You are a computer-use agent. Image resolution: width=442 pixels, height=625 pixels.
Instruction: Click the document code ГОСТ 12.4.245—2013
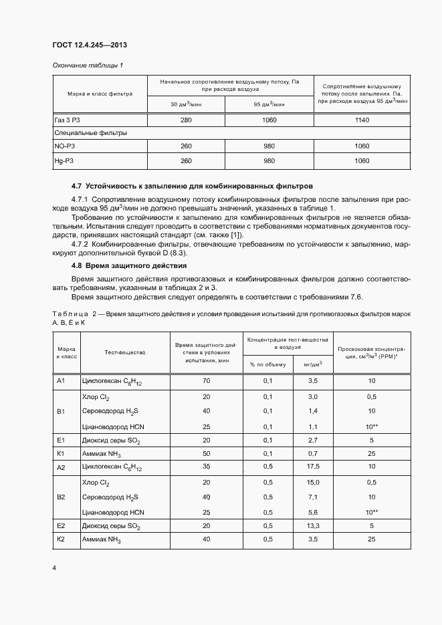point(90,45)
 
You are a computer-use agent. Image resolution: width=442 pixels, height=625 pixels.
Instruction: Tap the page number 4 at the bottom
point(54,568)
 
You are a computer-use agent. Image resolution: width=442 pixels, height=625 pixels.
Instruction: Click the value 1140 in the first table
point(362,120)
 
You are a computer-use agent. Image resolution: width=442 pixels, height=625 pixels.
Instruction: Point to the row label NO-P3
point(64,146)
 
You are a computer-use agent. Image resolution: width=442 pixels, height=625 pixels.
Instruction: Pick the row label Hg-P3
point(64,161)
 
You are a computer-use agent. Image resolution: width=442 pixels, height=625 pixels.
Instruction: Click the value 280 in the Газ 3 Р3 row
point(186,120)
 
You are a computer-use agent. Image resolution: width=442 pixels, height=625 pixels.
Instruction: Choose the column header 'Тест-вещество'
point(124,352)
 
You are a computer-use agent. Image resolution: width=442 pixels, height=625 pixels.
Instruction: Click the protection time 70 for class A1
point(206,381)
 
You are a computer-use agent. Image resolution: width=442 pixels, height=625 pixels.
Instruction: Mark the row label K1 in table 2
point(60,453)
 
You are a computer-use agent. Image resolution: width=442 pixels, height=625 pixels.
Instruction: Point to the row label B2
point(60,497)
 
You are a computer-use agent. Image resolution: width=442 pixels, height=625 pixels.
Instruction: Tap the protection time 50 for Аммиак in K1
point(206,453)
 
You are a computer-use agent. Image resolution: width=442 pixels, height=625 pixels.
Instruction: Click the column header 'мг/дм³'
point(312,364)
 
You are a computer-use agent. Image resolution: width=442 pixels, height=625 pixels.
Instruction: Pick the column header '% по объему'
point(267,364)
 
